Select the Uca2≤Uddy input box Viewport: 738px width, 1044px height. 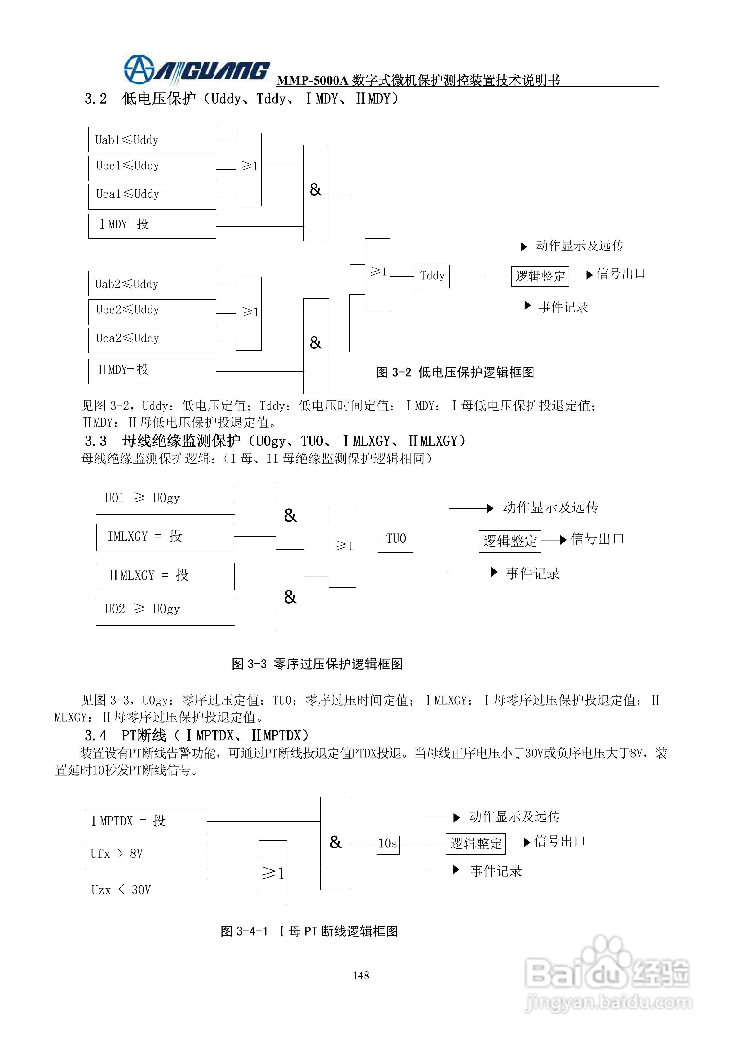152,340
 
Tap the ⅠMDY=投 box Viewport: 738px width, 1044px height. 152,226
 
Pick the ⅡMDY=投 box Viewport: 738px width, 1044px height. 152,371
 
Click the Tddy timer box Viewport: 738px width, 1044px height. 431,276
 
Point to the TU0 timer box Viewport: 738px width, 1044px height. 395,540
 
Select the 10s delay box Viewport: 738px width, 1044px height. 388,844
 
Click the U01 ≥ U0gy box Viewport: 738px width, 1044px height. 165,501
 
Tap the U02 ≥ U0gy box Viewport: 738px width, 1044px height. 165,611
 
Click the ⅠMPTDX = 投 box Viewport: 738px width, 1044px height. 146,822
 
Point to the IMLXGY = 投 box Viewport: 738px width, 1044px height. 165,537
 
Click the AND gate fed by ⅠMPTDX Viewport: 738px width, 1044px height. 336,843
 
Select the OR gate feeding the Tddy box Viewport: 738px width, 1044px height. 377,275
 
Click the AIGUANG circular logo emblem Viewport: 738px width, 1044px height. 139,69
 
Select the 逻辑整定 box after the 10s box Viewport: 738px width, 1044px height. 476,844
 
